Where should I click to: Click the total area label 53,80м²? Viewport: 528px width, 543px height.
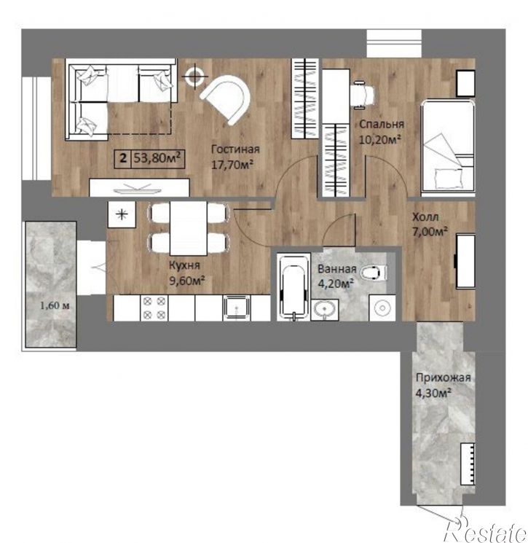pyautogui.click(x=157, y=158)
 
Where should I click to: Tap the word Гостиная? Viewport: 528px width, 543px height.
pyautogui.click(x=235, y=149)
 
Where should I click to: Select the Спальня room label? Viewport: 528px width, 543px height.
pyautogui.click(x=382, y=124)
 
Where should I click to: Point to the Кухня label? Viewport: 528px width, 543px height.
pyautogui.click(x=184, y=265)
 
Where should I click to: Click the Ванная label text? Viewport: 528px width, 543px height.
pyautogui.click(x=337, y=269)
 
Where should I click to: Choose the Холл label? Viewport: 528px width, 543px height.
pyautogui.click(x=425, y=217)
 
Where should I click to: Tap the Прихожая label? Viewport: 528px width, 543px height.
pyautogui.click(x=444, y=378)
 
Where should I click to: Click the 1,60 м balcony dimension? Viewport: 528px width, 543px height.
pyautogui.click(x=55, y=305)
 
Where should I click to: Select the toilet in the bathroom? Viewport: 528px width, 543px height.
pyautogui.click(x=374, y=272)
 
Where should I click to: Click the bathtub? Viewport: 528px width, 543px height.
pyautogui.click(x=293, y=286)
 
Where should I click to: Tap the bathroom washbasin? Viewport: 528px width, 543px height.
pyautogui.click(x=325, y=309)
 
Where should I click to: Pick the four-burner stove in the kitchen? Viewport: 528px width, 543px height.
pyautogui.click(x=154, y=308)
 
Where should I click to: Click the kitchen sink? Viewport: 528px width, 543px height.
pyautogui.click(x=236, y=308)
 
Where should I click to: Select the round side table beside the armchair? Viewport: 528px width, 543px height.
pyautogui.click(x=194, y=77)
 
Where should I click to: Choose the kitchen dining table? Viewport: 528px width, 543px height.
pyautogui.click(x=188, y=228)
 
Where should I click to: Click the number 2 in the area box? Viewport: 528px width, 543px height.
pyautogui.click(x=122, y=159)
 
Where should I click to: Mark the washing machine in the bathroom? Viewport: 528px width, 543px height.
pyautogui.click(x=382, y=308)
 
